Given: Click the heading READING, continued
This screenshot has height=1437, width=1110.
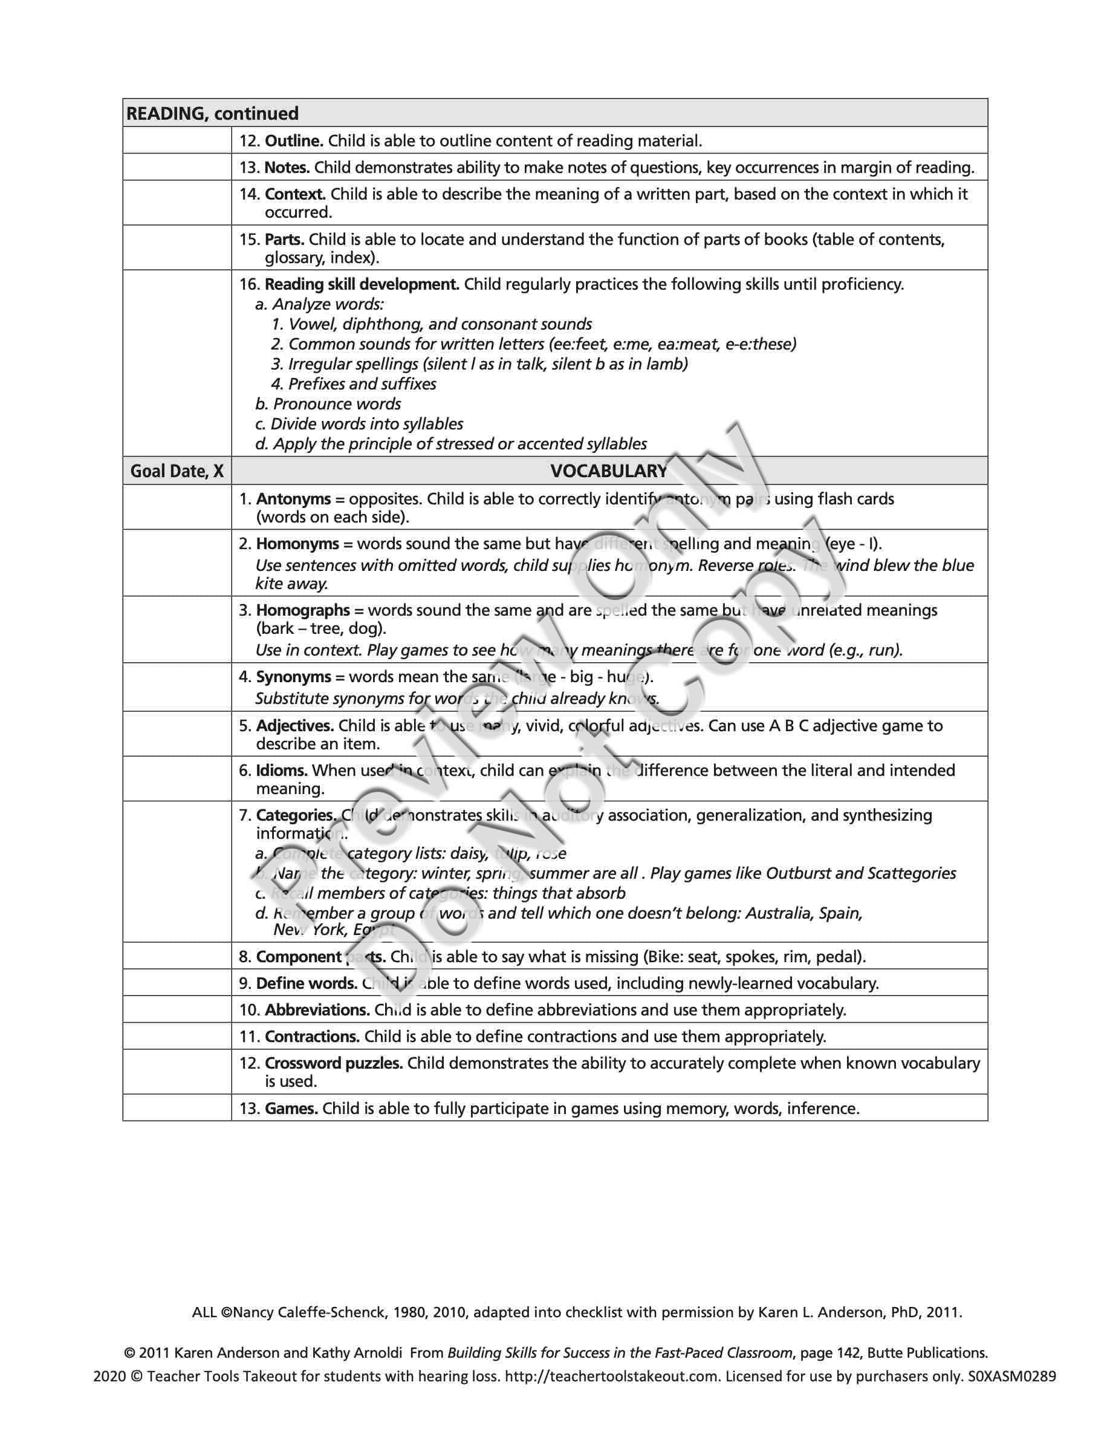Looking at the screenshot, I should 212,113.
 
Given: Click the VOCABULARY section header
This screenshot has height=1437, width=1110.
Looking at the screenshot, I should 608,471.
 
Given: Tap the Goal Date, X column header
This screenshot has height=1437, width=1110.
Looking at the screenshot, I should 177,471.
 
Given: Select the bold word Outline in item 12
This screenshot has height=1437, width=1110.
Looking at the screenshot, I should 293,140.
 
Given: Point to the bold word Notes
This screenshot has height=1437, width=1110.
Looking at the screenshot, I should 287,167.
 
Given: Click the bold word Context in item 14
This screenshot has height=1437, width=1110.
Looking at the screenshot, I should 294,194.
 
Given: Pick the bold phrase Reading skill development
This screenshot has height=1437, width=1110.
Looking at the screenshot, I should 362,284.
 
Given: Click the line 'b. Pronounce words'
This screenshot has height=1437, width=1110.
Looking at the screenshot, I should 328,403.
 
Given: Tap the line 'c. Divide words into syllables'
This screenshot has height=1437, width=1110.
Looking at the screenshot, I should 359,424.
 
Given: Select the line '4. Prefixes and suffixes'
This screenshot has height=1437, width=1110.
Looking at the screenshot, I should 354,383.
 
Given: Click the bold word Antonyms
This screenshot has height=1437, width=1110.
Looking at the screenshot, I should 293,499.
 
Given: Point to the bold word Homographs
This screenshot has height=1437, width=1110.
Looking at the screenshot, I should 302,610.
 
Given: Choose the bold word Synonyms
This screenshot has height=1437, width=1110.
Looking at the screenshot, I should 293,676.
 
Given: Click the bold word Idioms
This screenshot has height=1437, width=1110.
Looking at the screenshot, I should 282,770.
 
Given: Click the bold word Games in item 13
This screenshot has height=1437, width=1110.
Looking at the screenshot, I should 291,1108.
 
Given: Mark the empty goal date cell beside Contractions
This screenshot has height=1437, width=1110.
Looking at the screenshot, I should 177,1036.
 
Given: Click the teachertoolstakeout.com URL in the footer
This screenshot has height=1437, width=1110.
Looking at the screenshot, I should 612,1375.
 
